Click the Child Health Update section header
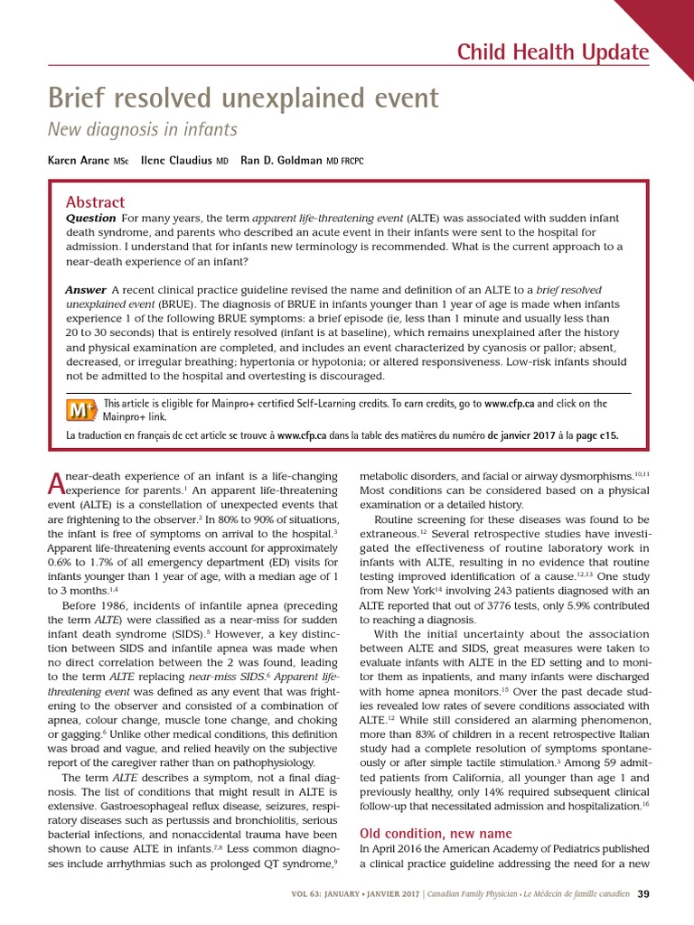tap(553, 52)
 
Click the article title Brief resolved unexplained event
tap(243, 98)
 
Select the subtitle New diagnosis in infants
tap(142, 130)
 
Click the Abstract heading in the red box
tap(95, 202)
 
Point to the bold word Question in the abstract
tap(90, 218)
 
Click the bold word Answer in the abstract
tap(86, 289)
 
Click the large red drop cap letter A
tap(56, 483)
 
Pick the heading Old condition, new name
tap(436, 833)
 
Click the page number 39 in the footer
tap(642, 894)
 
